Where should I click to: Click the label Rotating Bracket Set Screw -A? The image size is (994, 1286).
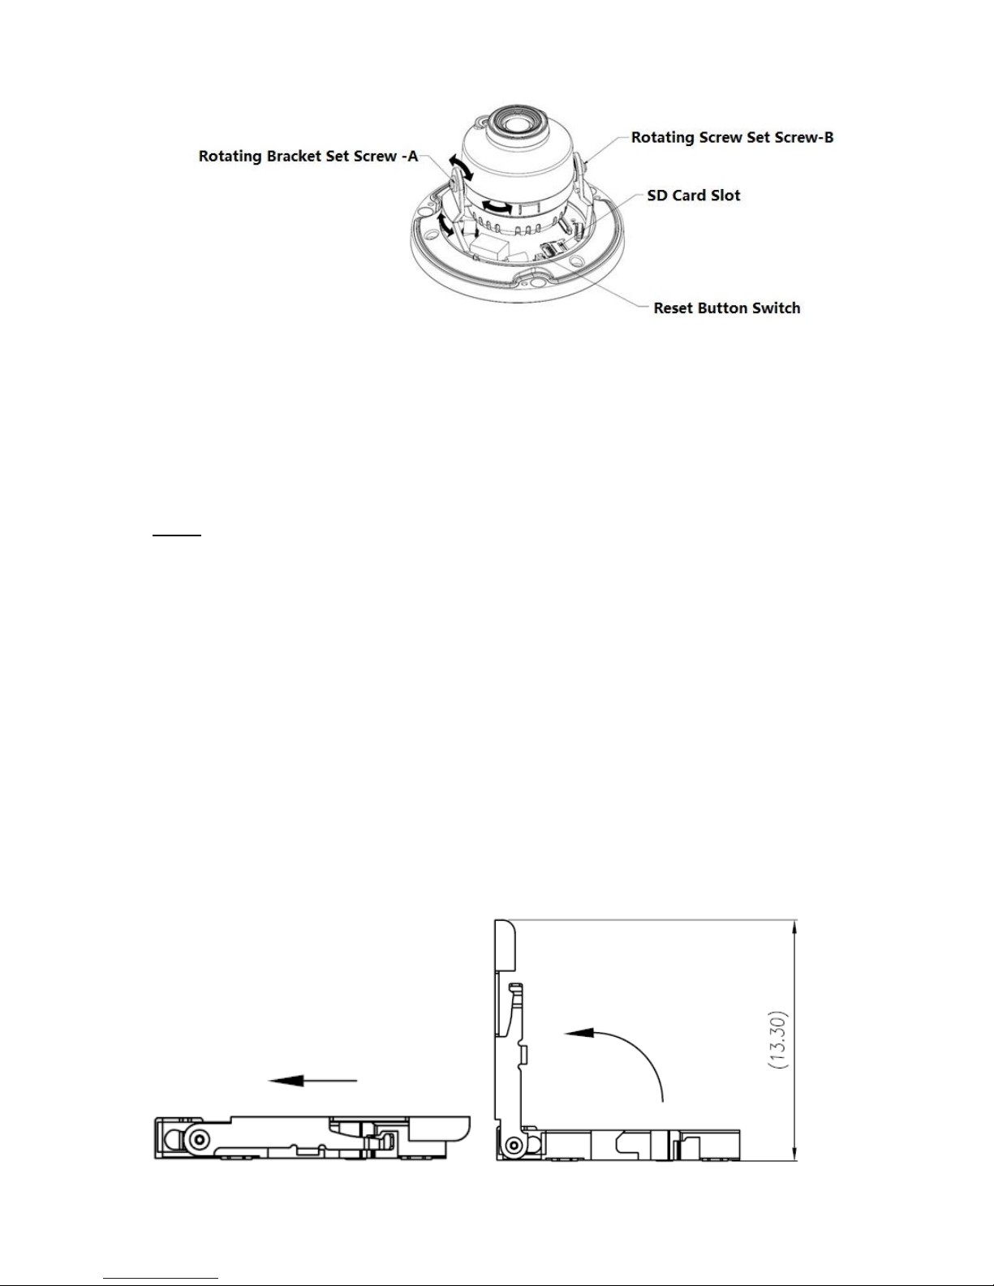pos(308,157)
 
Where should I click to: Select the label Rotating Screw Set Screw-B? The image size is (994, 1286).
pos(732,137)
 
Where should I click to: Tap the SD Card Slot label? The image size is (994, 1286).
pos(693,196)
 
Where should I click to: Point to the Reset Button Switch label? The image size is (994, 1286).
pos(726,308)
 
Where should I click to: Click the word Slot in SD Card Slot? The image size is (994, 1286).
pos(725,196)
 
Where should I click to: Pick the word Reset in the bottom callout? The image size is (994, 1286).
pos(673,308)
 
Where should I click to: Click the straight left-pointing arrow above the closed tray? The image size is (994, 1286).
pos(313,1081)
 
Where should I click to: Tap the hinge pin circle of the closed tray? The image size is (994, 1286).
pos(196,1139)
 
